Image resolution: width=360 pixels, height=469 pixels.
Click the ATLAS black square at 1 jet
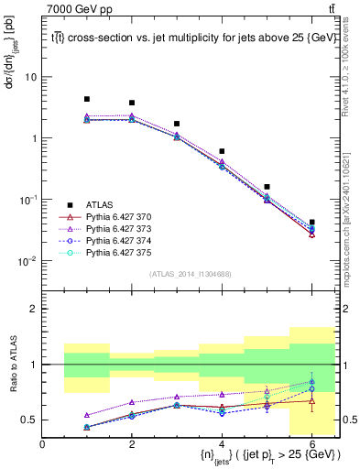click(87, 99)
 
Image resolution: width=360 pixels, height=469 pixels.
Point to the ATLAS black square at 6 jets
click(312, 222)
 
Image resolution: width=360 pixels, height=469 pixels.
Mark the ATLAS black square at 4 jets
click(222, 151)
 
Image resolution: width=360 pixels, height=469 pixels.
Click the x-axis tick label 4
click(222, 443)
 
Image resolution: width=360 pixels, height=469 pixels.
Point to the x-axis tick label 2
click(132, 443)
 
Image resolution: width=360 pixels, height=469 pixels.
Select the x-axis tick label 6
click(311, 443)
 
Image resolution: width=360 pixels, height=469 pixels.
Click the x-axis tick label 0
click(42, 443)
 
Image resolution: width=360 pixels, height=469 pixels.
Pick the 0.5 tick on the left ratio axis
click(28, 420)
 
